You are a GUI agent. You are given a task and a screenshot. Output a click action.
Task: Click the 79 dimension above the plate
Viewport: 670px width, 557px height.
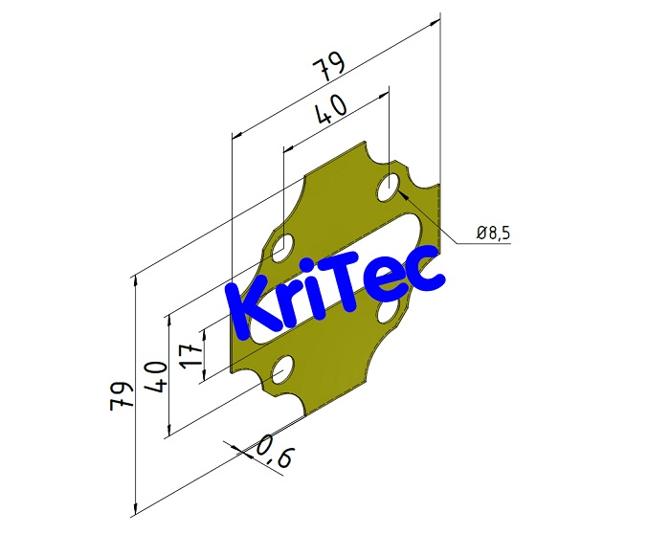pyautogui.click(x=328, y=68)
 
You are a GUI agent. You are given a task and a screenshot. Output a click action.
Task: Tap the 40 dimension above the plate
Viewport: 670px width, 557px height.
pyautogui.click(x=330, y=112)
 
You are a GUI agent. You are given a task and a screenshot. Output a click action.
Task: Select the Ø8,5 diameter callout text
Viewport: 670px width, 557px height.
pyautogui.click(x=494, y=233)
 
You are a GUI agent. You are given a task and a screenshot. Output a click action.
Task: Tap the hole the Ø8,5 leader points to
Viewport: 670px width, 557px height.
pyautogui.click(x=390, y=187)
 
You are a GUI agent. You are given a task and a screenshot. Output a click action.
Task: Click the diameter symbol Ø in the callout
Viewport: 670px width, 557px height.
pyautogui.click(x=481, y=233)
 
